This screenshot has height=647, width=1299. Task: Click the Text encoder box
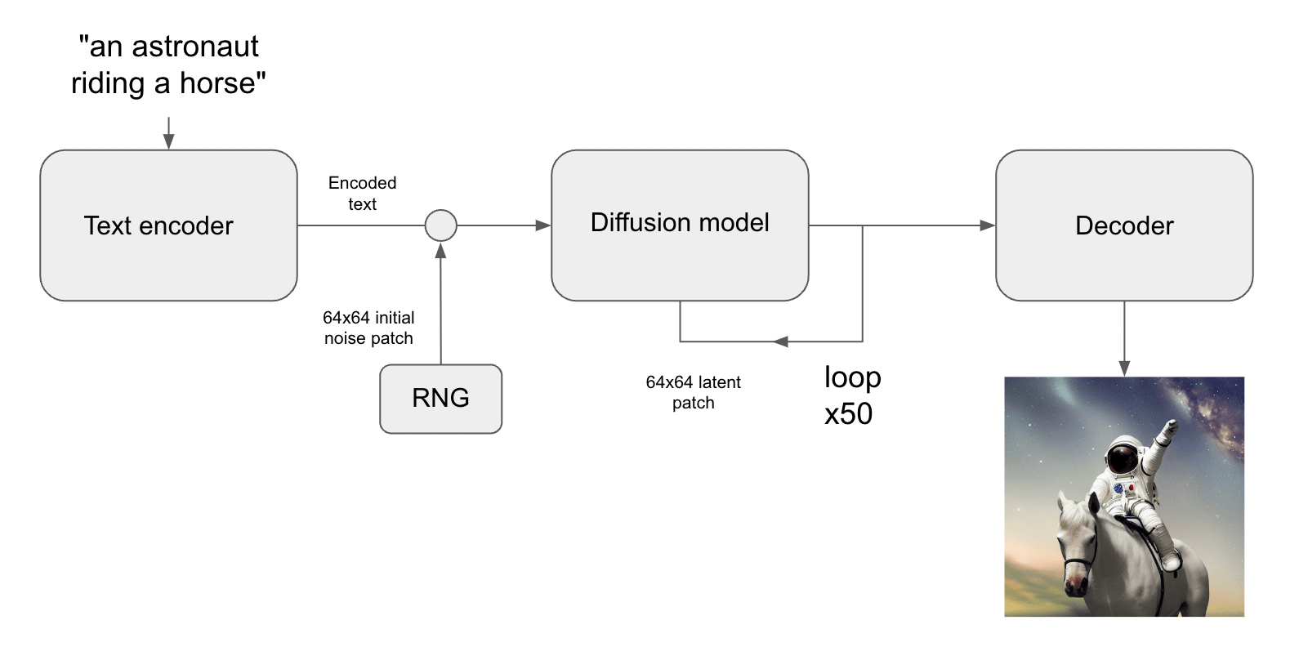(168, 225)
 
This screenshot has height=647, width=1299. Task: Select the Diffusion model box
(680, 225)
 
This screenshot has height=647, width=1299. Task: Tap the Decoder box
(1124, 225)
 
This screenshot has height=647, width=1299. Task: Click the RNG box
(440, 399)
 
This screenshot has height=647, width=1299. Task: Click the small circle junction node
(441, 225)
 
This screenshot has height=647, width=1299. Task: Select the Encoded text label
(362, 194)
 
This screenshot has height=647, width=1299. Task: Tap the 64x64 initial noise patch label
(368, 328)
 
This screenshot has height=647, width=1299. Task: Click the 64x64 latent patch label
(693, 392)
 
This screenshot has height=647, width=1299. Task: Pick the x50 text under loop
(848, 414)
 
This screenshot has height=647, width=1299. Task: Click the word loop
(852, 377)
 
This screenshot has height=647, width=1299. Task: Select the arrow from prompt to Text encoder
(168, 133)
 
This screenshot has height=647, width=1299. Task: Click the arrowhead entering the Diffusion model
(542, 225)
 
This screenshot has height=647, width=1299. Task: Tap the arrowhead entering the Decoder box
(987, 225)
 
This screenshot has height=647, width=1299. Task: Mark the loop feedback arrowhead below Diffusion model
(781, 341)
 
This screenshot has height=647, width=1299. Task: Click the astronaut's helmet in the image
(1123, 456)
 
